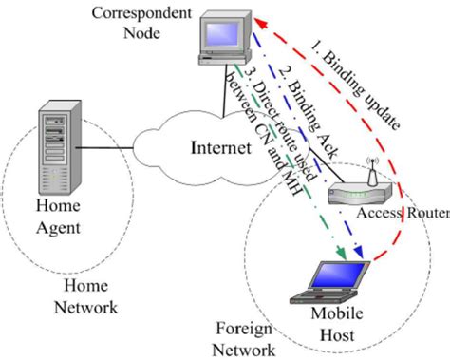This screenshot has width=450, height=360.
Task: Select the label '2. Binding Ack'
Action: click(x=302, y=104)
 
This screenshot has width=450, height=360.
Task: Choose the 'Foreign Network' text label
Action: click(x=244, y=337)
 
